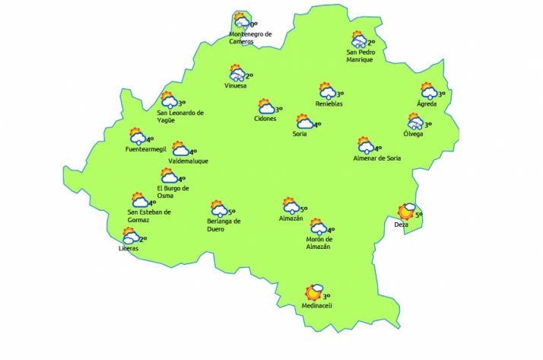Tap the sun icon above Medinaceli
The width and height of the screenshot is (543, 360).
pos(313,292)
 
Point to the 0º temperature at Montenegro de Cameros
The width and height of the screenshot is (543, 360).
pos(254,24)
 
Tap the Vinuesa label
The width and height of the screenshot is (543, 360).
pos(236,86)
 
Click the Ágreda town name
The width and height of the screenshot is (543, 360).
pos(427,104)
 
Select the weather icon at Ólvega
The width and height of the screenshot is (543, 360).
pos(414,122)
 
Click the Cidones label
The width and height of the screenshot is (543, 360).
pos(265,119)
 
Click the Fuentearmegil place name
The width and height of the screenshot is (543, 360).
pos(146,149)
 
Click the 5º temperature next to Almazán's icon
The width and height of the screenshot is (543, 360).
pos(303,208)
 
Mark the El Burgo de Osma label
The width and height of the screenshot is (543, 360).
pos(173,192)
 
